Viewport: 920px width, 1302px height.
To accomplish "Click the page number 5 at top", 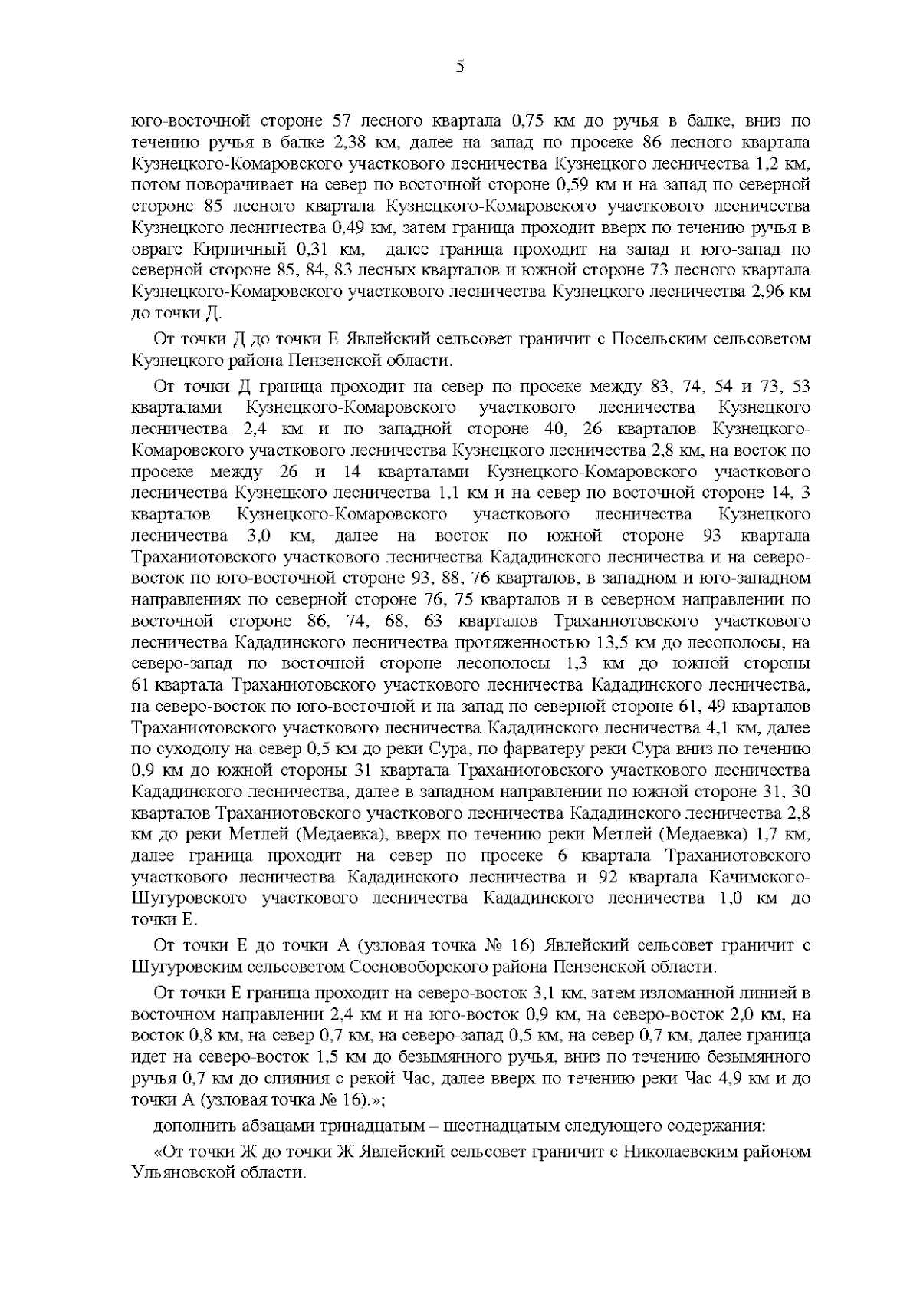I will click(459, 67).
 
